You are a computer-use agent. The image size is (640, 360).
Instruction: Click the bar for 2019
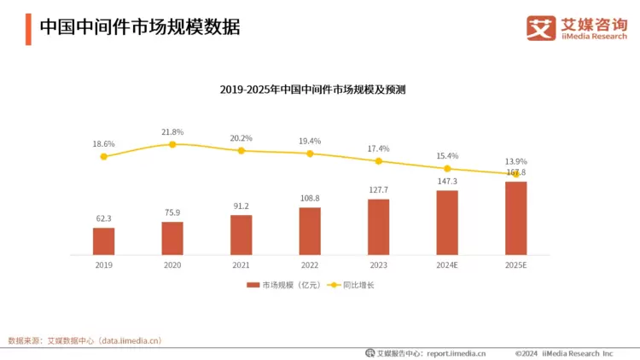point(103,241)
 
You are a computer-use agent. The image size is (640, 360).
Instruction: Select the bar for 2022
point(310,231)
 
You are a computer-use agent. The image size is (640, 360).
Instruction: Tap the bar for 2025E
point(515,218)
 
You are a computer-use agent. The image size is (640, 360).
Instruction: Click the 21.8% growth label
point(172,132)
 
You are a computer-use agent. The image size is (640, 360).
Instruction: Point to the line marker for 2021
point(241,150)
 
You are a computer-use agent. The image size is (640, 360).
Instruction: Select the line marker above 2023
point(378,160)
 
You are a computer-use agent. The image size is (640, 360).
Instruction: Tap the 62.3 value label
point(103,218)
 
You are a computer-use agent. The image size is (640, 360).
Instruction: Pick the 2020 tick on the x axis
point(172,265)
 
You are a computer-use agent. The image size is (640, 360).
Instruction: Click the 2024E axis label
point(447,265)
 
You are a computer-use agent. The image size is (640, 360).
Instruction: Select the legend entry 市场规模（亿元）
point(283,285)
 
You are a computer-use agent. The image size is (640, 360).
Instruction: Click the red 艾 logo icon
point(540,27)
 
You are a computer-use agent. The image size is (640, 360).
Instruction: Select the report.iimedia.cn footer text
point(456,352)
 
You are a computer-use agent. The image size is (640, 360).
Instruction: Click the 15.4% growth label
point(447,156)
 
